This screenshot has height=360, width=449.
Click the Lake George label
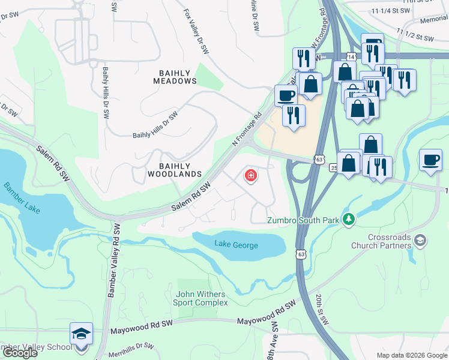coord(236,245)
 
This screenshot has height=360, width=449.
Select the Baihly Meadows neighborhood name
coord(178,77)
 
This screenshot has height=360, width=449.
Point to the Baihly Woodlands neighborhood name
coord(175,170)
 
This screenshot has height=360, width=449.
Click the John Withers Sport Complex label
coord(202,298)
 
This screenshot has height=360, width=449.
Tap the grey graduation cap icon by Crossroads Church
coord(421,241)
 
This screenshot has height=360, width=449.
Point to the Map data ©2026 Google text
coord(412,355)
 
